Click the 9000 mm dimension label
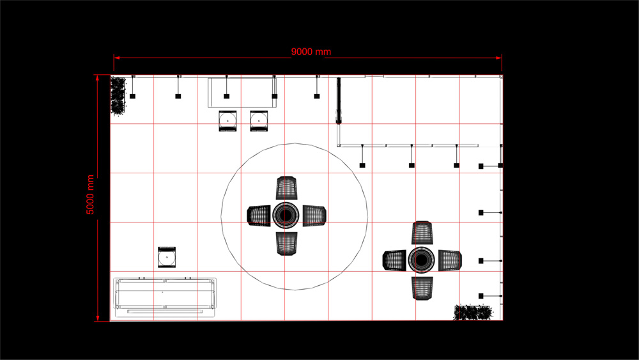(x=311, y=52)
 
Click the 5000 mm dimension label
(x=90, y=194)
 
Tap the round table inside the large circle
(x=286, y=215)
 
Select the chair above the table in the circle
(x=286, y=188)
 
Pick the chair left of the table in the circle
(x=259, y=215)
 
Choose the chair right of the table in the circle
(x=314, y=215)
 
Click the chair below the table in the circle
(x=286, y=244)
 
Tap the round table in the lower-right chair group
(x=421, y=260)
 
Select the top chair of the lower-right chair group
(x=422, y=233)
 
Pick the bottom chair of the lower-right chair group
(x=422, y=288)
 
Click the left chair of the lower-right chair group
(x=394, y=260)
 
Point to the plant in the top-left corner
(x=118, y=96)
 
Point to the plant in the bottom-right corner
(x=473, y=312)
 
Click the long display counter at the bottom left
(x=165, y=297)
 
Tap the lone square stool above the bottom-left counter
(x=167, y=257)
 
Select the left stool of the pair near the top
(x=227, y=121)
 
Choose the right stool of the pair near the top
(x=259, y=121)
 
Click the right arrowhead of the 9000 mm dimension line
(x=499, y=58)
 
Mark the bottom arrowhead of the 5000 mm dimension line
(x=97, y=318)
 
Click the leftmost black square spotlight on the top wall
(x=132, y=96)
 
